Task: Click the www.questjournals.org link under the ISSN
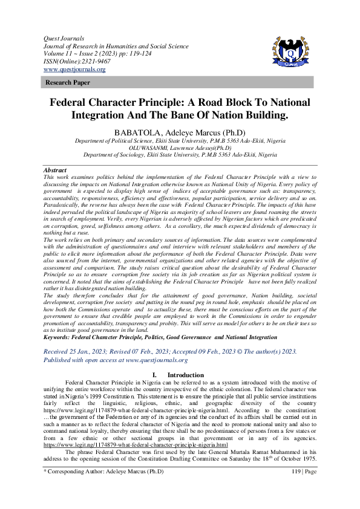pyautogui.click(x=74, y=70)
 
